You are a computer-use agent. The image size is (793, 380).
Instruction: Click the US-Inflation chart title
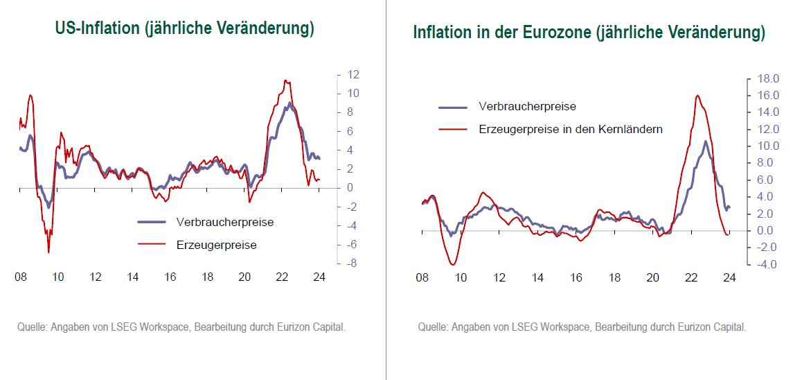[185, 29]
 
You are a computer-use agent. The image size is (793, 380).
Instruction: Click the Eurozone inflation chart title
[589, 33]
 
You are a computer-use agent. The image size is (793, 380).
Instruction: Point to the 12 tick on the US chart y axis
[352, 74]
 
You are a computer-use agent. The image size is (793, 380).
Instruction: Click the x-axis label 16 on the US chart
[170, 277]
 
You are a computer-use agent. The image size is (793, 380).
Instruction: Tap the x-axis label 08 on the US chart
[21, 277]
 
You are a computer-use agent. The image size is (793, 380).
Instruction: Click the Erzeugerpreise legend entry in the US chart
[216, 245]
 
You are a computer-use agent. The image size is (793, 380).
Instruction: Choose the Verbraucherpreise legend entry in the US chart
[225, 223]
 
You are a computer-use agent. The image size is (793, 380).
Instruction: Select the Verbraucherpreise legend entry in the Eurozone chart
[527, 107]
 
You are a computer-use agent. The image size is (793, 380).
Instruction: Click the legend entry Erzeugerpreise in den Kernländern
[570, 129]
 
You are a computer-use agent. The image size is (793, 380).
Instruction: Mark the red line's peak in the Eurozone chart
[697, 96]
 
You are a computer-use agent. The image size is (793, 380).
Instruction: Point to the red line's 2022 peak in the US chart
[285, 80]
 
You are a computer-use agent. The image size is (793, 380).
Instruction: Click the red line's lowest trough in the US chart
[48, 252]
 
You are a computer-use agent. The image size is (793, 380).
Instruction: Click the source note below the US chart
[181, 327]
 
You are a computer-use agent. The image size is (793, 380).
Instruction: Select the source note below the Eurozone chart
[582, 327]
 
